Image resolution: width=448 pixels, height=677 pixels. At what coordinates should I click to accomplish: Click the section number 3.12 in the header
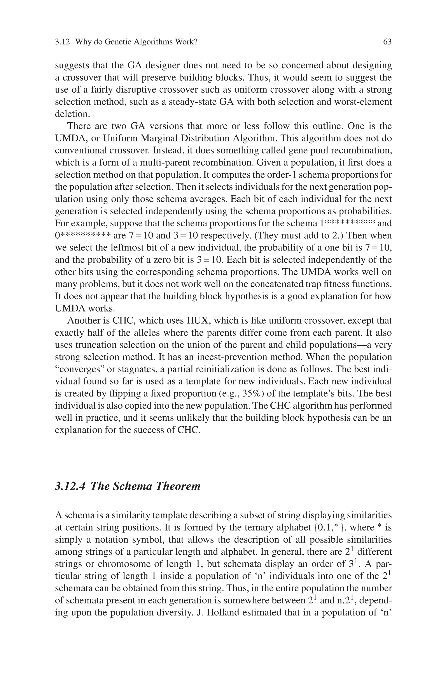pos(62,42)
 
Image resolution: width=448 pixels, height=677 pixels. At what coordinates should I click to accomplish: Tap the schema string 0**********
pos(82,236)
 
